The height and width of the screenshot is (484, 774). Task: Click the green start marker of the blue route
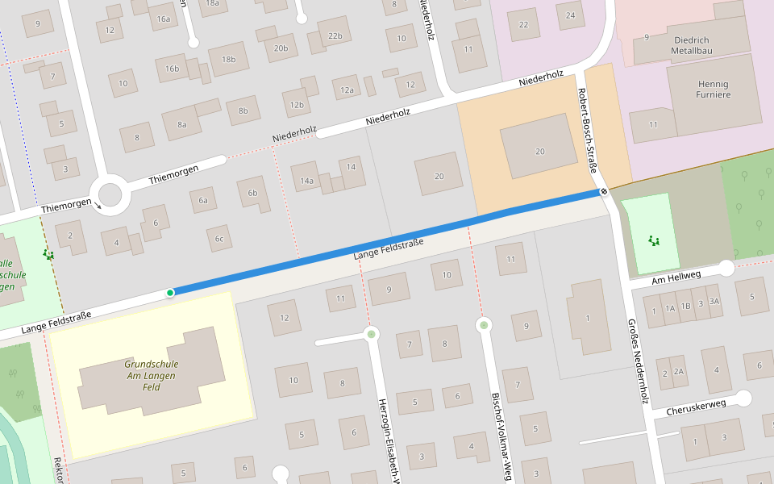point(170,292)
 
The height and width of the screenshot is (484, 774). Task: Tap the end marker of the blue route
point(602,192)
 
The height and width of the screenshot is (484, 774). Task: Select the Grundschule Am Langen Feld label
point(152,376)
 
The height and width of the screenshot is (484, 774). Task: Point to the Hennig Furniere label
point(713,90)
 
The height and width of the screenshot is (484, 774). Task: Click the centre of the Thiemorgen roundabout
point(110,195)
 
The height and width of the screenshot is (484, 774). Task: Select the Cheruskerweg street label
point(697,407)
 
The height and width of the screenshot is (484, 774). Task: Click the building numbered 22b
point(335,35)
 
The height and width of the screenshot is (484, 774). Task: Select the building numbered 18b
point(228,59)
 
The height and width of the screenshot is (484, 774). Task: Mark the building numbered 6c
point(218,238)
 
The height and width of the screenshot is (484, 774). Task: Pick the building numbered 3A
point(714,302)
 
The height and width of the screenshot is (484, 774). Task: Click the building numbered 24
point(571,15)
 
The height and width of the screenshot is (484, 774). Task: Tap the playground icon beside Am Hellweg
point(652,240)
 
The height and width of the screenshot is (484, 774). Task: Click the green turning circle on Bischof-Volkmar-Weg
point(484,325)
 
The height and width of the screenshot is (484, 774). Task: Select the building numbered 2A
point(678,372)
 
